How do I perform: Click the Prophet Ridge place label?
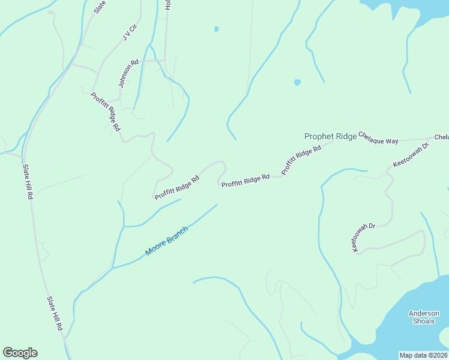(x=330, y=137)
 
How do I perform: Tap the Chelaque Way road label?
(x=378, y=138)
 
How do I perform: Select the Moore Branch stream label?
(x=166, y=241)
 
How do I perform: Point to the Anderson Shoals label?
(x=424, y=317)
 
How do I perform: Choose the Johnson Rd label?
(x=128, y=74)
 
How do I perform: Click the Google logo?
(x=20, y=353)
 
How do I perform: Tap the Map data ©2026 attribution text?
(x=424, y=355)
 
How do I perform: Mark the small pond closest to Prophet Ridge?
(x=297, y=82)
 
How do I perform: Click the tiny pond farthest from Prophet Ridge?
(x=216, y=28)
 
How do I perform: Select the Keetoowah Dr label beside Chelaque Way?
(x=411, y=155)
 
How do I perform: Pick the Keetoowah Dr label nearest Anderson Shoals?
(x=363, y=238)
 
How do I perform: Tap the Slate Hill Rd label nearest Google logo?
(x=55, y=313)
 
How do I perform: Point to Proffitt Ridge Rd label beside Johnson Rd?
(x=106, y=112)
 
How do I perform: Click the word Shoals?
(x=424, y=321)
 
